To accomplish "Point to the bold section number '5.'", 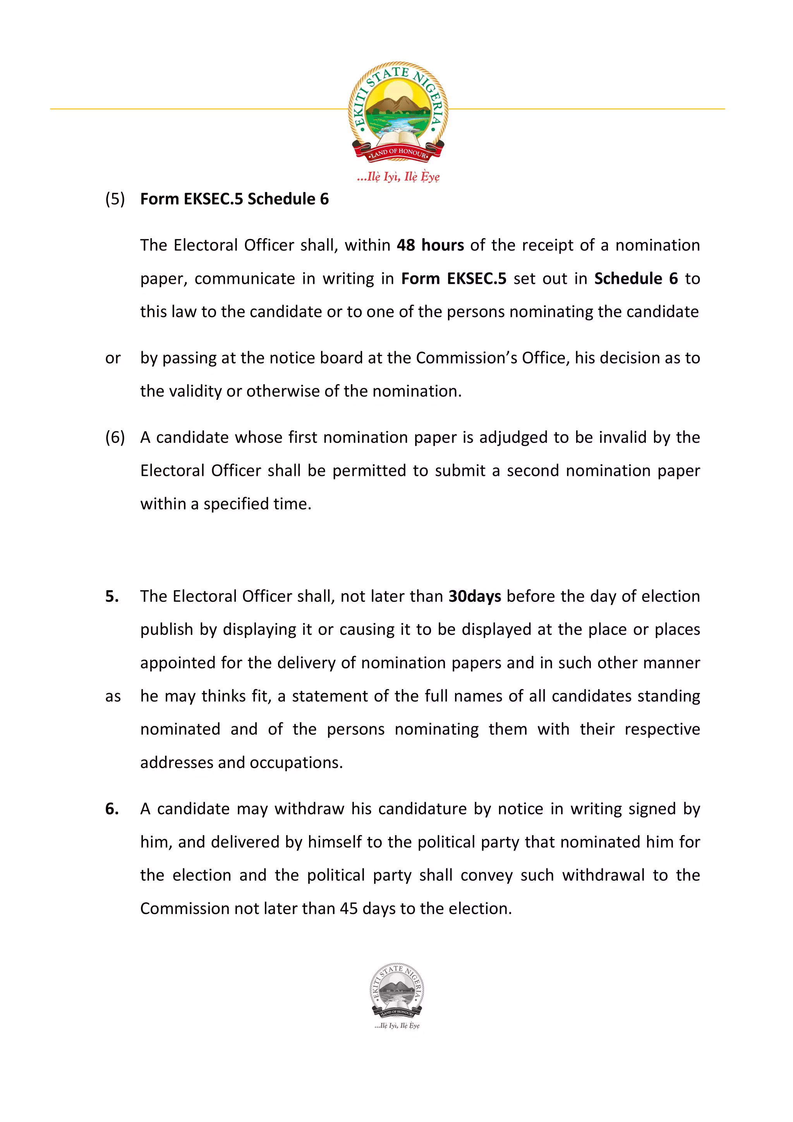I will coord(112,596).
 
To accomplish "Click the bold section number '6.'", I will coord(112,809).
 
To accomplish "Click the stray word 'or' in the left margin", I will coord(112,358).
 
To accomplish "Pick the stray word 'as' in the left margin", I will coord(113,697).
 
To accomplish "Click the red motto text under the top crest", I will coord(398,177).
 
